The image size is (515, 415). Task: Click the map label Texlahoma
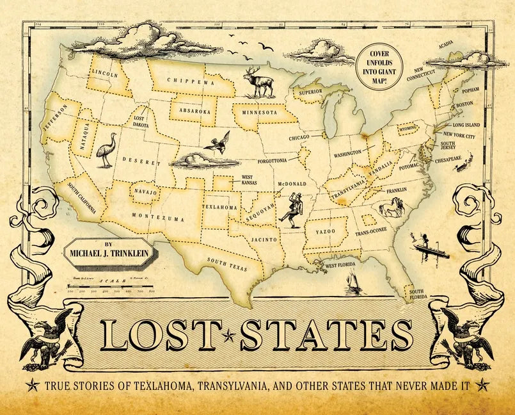pos(220,207)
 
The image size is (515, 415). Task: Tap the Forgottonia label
pos(276,162)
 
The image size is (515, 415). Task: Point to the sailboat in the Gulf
pos(351,282)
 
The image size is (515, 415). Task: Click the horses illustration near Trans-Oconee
pos(392,208)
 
